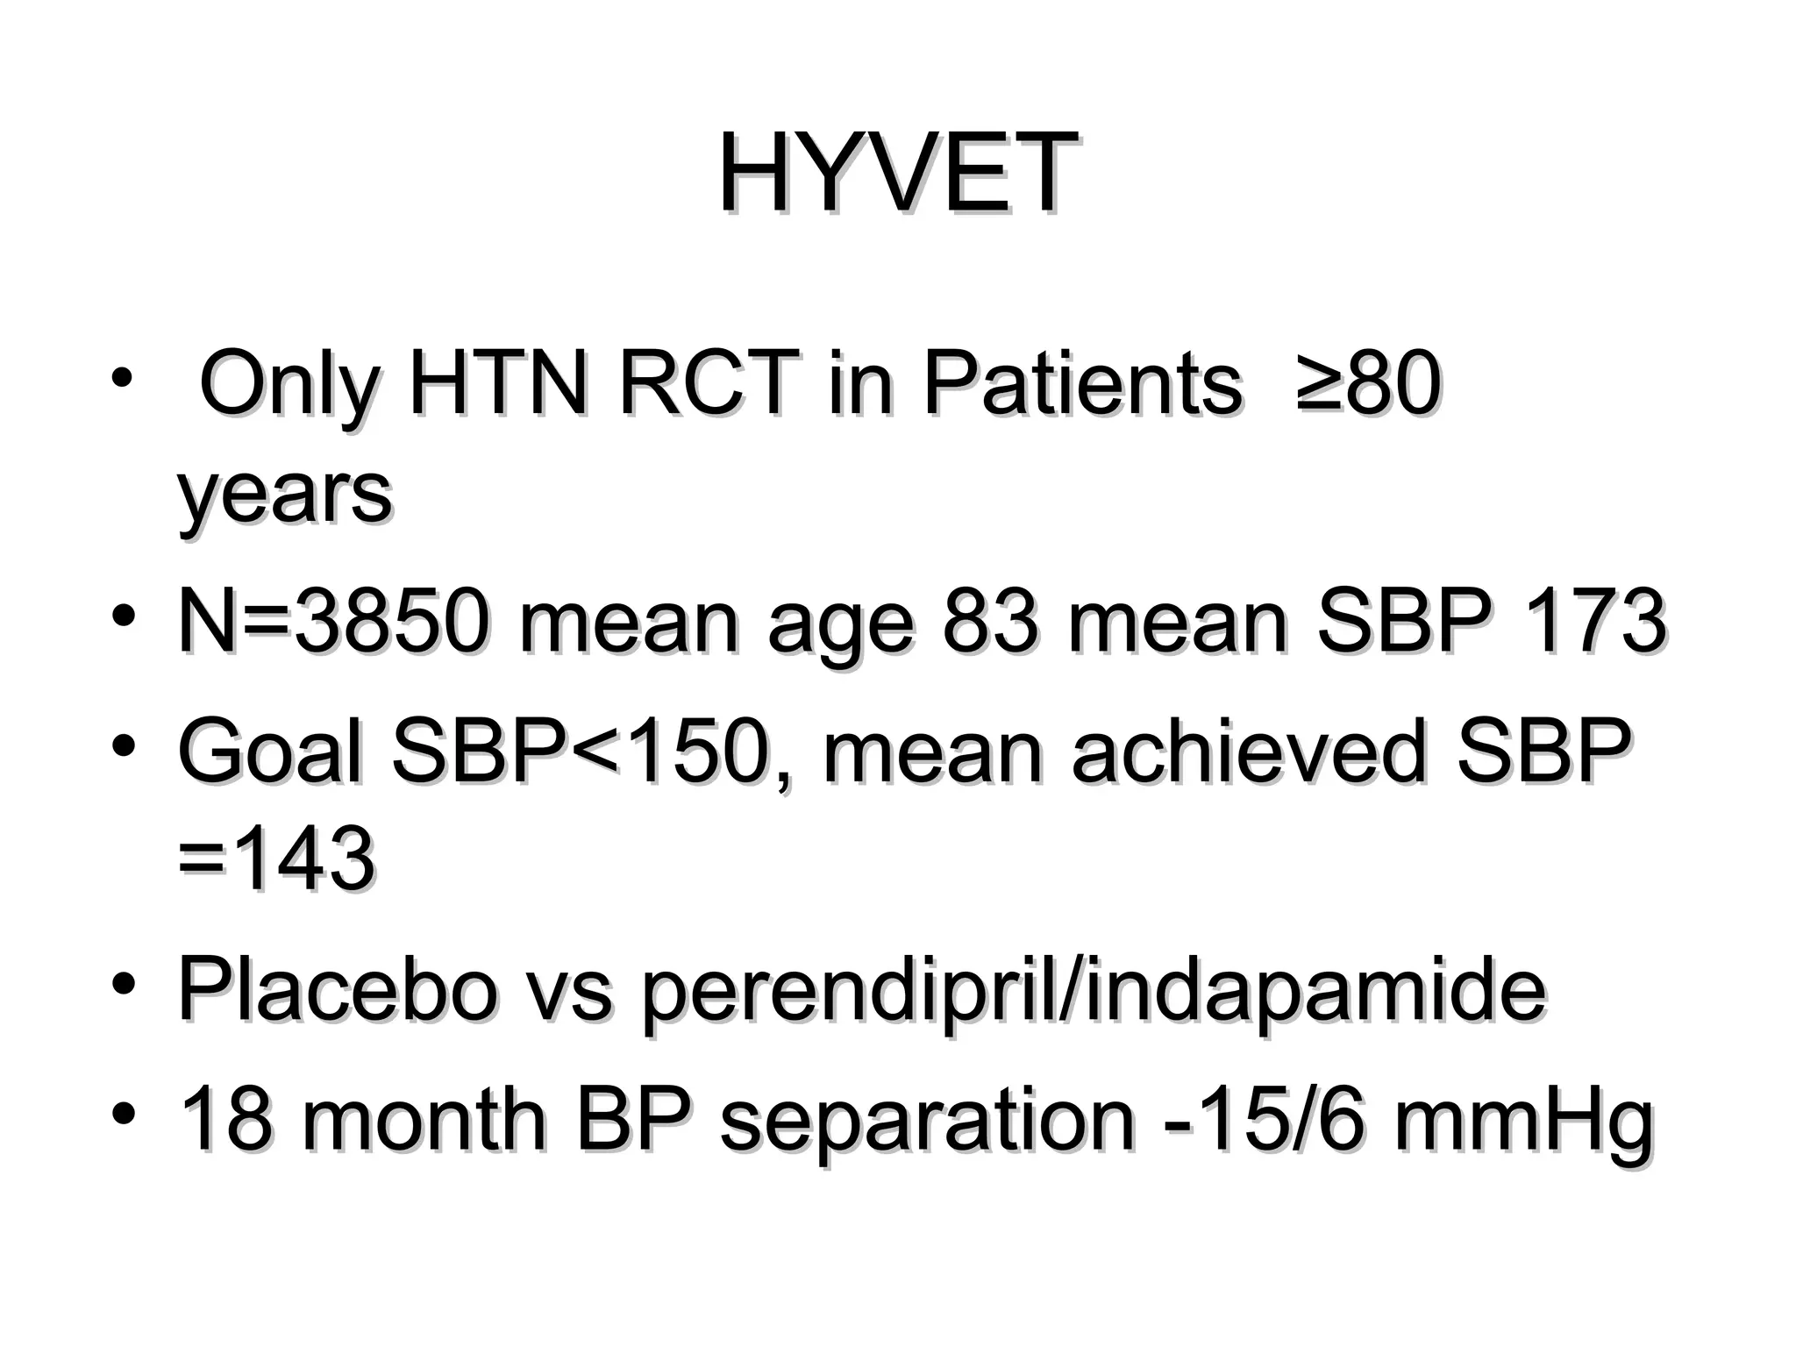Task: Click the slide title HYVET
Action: (897, 173)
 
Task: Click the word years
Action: (284, 495)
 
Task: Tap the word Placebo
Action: (339, 991)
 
